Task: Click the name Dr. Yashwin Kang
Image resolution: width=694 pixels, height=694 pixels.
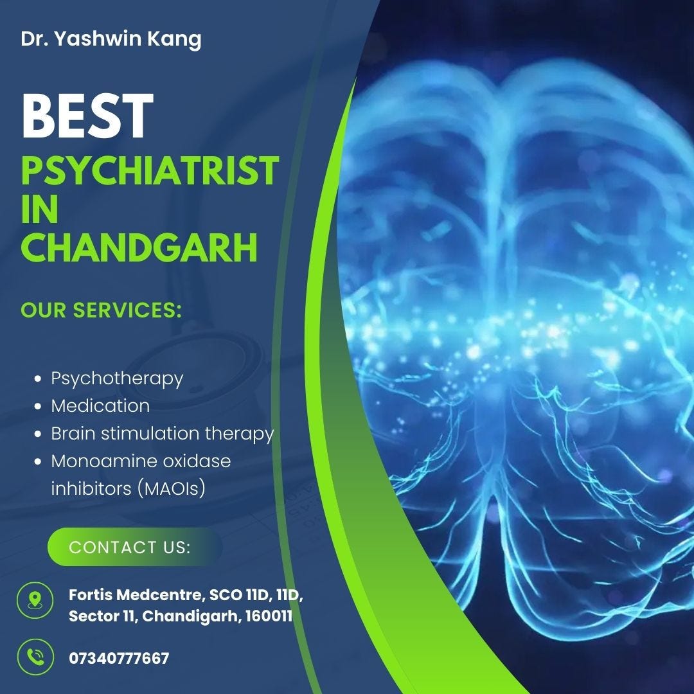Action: [111, 40]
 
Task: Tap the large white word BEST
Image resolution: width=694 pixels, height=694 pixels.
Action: [87, 116]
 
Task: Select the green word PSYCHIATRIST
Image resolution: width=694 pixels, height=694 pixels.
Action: [150, 170]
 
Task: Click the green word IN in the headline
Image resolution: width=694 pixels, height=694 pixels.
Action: [40, 209]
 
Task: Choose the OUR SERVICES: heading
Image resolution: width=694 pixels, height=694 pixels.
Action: [102, 310]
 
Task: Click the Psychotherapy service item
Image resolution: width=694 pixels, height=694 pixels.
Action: [117, 379]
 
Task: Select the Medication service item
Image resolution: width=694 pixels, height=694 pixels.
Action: [100, 406]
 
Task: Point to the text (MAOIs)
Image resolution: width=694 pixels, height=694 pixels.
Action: [172, 488]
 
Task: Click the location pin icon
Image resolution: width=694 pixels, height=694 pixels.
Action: [35, 600]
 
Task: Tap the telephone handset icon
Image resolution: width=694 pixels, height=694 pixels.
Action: [35, 657]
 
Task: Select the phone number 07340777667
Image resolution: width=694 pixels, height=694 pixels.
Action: [119, 658]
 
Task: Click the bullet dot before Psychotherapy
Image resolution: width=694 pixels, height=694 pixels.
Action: [38, 379]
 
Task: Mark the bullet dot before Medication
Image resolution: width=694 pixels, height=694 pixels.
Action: [38, 406]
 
